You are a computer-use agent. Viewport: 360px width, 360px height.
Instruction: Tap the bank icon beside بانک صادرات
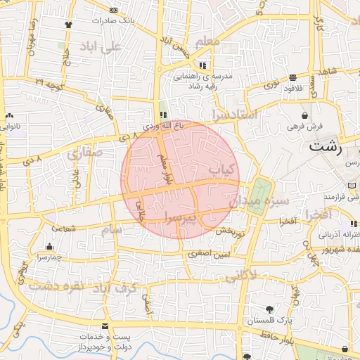(x=113, y=10)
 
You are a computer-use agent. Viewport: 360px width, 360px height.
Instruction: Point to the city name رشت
(x=325, y=148)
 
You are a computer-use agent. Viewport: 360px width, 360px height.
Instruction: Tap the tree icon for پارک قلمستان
(x=270, y=309)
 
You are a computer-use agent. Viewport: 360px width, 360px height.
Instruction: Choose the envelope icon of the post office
(x=105, y=326)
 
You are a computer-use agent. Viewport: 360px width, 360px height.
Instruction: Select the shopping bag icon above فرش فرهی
(x=304, y=115)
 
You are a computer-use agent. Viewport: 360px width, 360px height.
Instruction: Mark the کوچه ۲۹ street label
(x=49, y=84)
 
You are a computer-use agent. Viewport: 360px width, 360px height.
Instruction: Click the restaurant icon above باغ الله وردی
(x=162, y=115)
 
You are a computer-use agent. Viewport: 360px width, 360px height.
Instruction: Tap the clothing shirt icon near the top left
(x=68, y=25)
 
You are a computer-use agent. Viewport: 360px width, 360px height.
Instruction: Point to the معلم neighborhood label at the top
(x=207, y=42)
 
